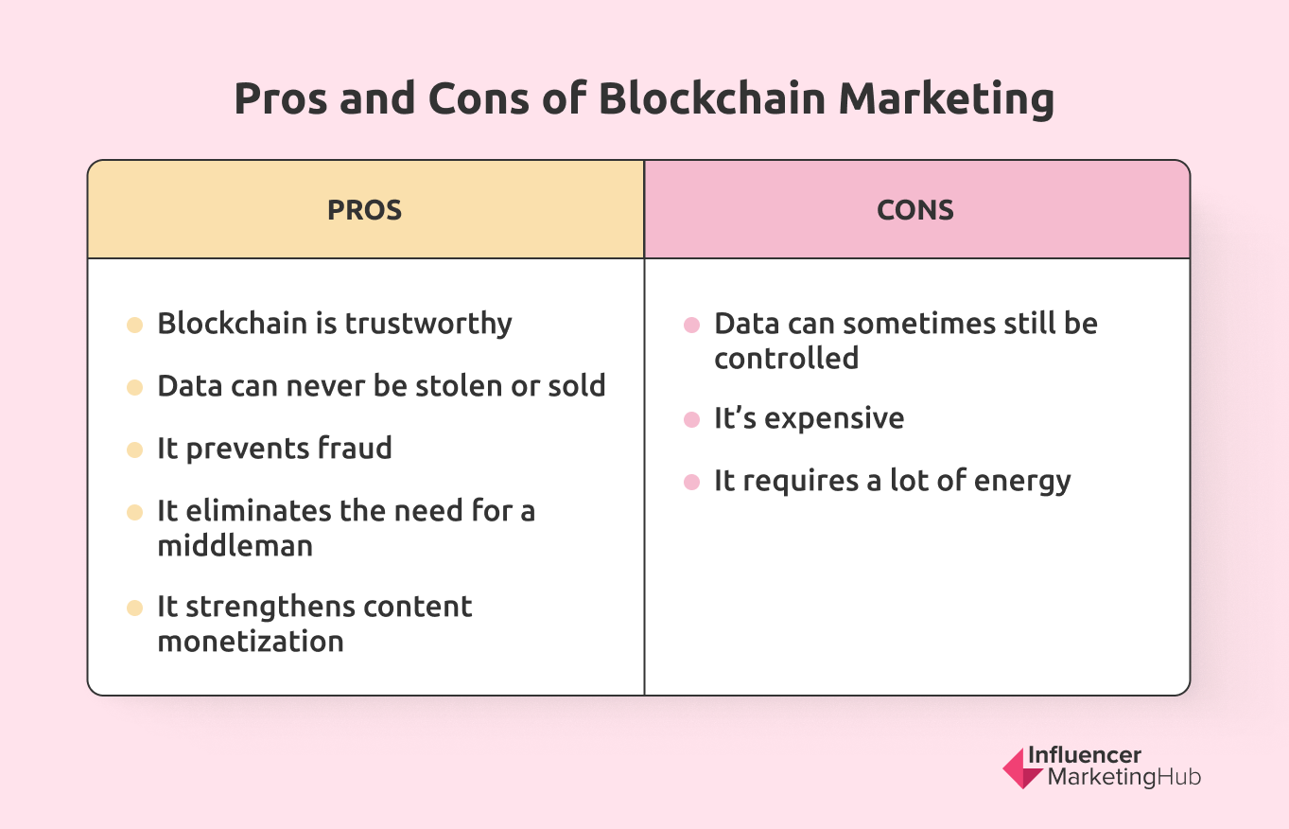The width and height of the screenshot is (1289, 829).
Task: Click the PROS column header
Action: click(x=365, y=210)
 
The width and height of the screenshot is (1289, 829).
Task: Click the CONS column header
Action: click(x=915, y=210)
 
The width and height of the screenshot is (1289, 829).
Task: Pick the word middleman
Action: click(x=235, y=546)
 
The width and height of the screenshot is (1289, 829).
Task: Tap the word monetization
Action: click(x=251, y=642)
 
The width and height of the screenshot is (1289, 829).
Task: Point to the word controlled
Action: click(x=786, y=359)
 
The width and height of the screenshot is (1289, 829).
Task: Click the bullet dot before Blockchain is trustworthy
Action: click(x=135, y=325)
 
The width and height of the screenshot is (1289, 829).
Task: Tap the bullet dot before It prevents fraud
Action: click(x=135, y=450)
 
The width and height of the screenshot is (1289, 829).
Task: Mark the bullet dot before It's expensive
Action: click(x=691, y=419)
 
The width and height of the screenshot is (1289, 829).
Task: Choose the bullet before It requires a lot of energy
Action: click(x=691, y=482)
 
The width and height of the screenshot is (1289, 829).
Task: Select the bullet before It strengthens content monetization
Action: click(x=135, y=608)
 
